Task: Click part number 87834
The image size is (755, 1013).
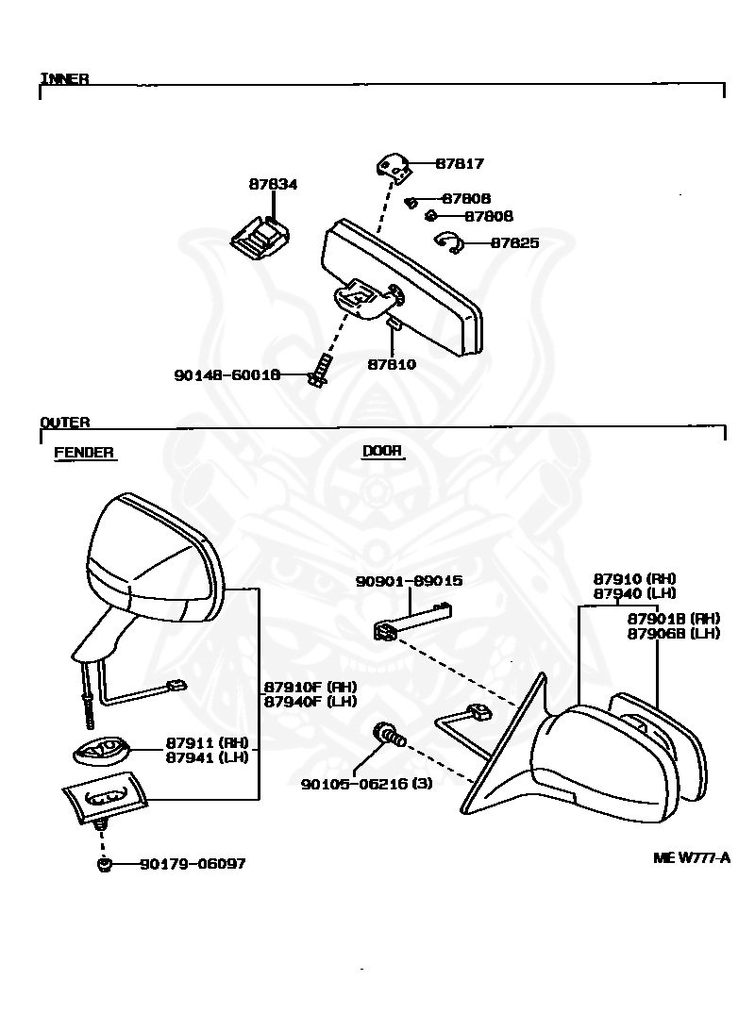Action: pyautogui.click(x=273, y=184)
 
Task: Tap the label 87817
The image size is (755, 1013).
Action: pyautogui.click(x=460, y=163)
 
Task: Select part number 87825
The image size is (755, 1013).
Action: pyautogui.click(x=514, y=243)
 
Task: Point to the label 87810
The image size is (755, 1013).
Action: pyautogui.click(x=392, y=364)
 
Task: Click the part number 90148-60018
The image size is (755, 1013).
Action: pyautogui.click(x=226, y=374)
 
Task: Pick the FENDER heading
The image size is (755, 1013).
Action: pyautogui.click(x=84, y=452)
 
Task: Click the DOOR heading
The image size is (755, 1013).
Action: pyautogui.click(x=382, y=451)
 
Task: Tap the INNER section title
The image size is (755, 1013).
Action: pyautogui.click(x=64, y=79)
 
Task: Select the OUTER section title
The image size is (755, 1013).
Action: pyautogui.click(x=65, y=423)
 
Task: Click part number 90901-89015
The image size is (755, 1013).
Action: pyautogui.click(x=410, y=581)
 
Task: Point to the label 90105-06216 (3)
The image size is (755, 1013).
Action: pyautogui.click(x=366, y=784)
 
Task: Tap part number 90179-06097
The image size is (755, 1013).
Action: pyautogui.click(x=193, y=864)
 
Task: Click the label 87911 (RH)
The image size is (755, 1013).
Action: pyautogui.click(x=208, y=743)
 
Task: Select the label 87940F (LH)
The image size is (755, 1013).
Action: pyautogui.click(x=310, y=701)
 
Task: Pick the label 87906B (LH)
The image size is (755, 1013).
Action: pyautogui.click(x=674, y=634)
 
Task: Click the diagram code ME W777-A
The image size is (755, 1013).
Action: pyautogui.click(x=692, y=858)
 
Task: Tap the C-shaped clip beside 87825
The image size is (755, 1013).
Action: pyautogui.click(x=448, y=241)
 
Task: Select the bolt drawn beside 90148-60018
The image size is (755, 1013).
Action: pyautogui.click(x=321, y=371)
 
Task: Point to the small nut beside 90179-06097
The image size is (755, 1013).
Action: pyautogui.click(x=104, y=864)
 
